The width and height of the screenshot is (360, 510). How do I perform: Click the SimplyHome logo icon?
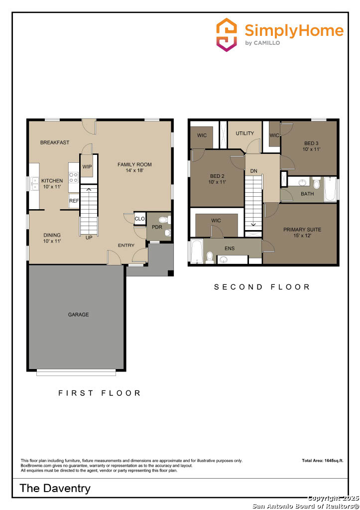coord(227,34)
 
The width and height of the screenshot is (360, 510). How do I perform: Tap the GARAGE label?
coord(78,315)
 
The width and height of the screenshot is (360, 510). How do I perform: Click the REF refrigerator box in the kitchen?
coord(73,201)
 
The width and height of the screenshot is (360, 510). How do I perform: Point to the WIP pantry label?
coord(87,167)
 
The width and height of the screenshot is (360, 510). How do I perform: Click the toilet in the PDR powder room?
coord(168,220)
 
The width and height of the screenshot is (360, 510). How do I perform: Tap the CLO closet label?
coord(139,219)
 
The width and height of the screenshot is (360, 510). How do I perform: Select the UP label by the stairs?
coord(89,238)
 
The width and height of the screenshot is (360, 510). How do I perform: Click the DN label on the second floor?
coord(253,171)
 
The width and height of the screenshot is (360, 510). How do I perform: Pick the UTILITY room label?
coord(245,133)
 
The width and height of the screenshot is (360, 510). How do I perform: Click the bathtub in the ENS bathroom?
coord(196,251)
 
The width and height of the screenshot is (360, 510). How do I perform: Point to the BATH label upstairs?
coord(307,194)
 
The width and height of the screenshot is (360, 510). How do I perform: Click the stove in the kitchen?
coord(73,175)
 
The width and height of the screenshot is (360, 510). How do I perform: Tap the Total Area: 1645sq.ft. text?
coord(323,461)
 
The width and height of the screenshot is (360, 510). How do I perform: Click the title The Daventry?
coord(55,488)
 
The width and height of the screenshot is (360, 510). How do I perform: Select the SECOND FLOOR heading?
coord(262,287)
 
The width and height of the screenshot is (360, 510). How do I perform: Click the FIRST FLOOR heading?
coord(100,393)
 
